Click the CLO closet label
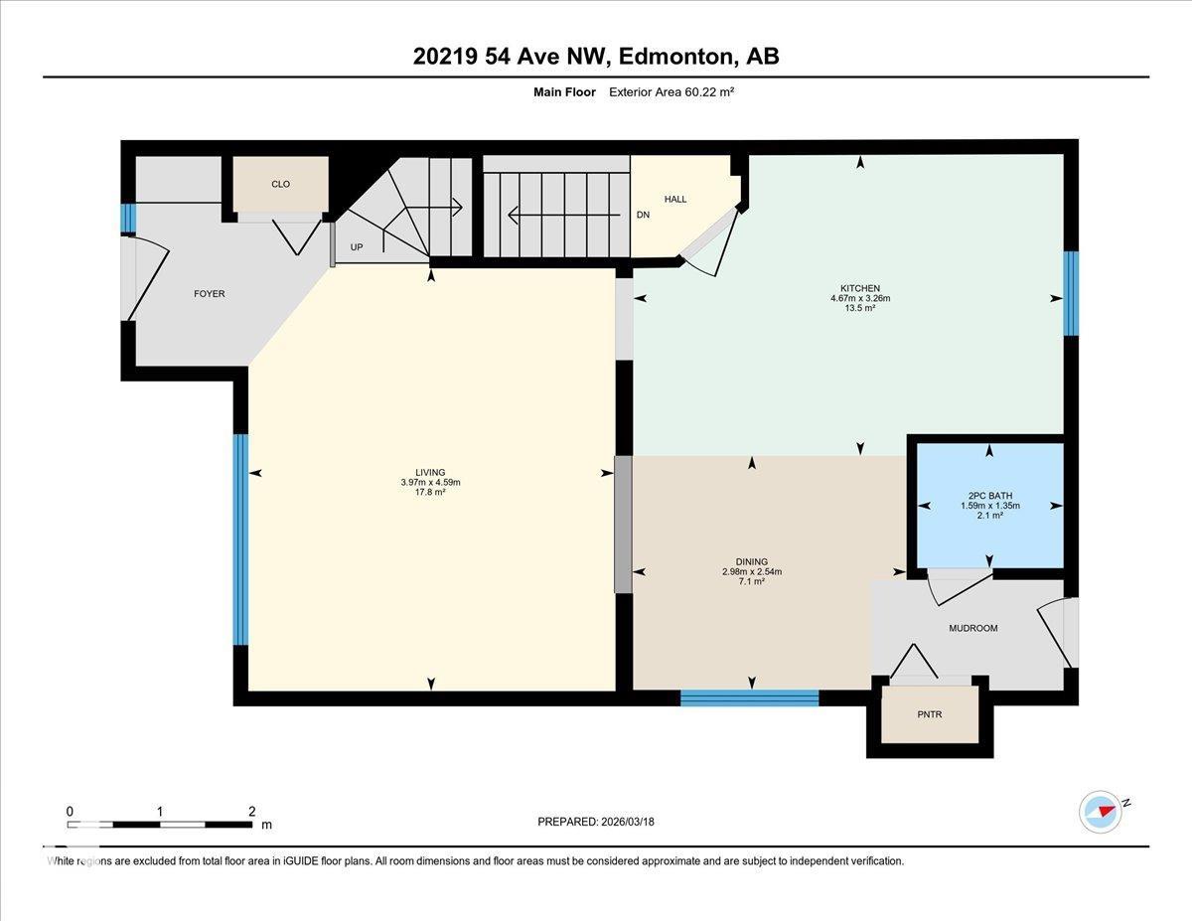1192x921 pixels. [280, 185]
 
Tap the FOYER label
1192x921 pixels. [209, 294]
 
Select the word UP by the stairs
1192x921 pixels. [357, 247]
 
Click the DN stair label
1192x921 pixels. [643, 215]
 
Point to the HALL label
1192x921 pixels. [675, 199]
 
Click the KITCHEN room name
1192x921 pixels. [860, 288]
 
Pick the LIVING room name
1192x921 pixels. [430, 472]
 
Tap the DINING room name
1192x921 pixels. [752, 561]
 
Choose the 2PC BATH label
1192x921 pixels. [989, 496]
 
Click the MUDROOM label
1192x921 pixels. [973, 628]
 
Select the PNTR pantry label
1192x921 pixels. [929, 714]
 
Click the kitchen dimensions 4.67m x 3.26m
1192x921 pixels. [860, 298]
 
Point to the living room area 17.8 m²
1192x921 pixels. [430, 492]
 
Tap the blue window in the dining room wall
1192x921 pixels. [749, 697]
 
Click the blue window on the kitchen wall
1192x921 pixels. [1071, 293]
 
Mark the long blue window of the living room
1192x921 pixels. [240, 539]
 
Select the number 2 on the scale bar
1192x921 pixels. [251, 812]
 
